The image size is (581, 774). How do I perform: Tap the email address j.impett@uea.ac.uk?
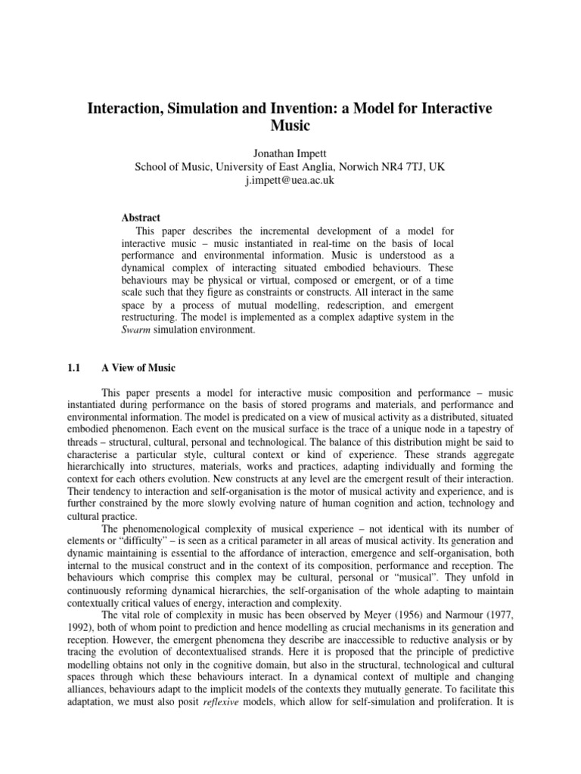290,181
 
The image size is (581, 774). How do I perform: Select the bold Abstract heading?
141,218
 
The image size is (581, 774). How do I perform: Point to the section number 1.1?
73,368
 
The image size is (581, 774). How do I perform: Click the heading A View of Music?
138,368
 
